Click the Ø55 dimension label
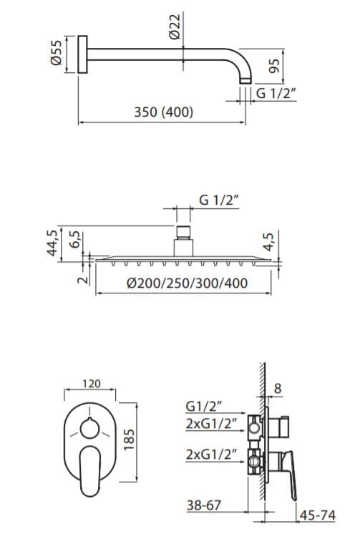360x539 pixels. pos(57,53)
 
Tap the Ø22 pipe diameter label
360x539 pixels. pos(175,26)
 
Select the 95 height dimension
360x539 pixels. pos(274,66)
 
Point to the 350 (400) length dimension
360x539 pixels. pos(163,112)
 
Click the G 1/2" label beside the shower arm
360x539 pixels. pos(276,93)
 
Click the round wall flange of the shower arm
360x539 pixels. pos(82,54)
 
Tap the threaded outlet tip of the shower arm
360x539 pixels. pos(245,81)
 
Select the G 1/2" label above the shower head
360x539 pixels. pos(219,200)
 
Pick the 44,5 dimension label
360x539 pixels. pos(52,243)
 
